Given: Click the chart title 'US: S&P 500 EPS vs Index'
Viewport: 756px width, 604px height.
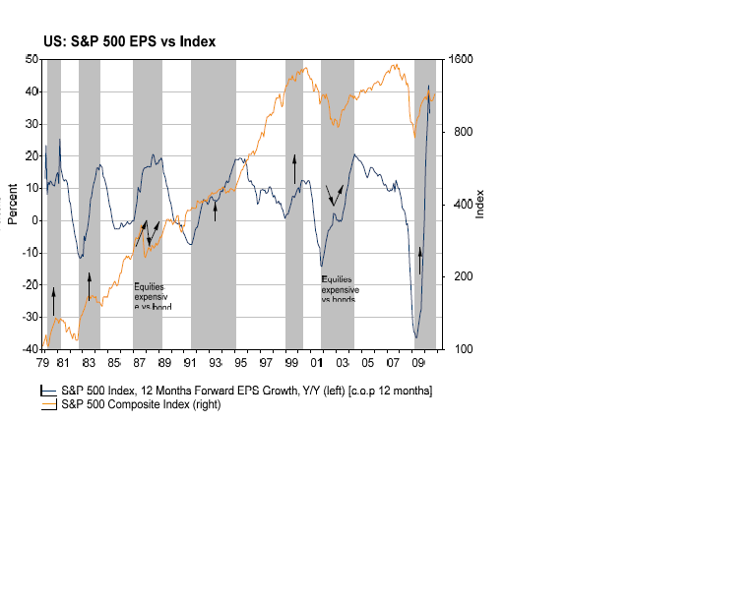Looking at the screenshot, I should tap(129, 41).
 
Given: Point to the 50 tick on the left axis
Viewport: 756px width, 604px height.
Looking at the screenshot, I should tap(32, 60).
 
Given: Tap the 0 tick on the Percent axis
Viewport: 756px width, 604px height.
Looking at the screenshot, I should tap(35, 220).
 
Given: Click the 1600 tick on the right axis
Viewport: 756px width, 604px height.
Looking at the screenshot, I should tap(463, 60).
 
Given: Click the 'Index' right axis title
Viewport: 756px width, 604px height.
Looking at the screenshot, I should tap(480, 204).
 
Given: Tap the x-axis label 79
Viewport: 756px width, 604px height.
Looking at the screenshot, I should tap(44, 362).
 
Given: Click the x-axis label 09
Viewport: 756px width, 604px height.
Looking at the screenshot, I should tap(418, 362).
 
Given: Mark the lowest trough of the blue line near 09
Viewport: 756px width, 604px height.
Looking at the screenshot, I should tap(416, 337).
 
